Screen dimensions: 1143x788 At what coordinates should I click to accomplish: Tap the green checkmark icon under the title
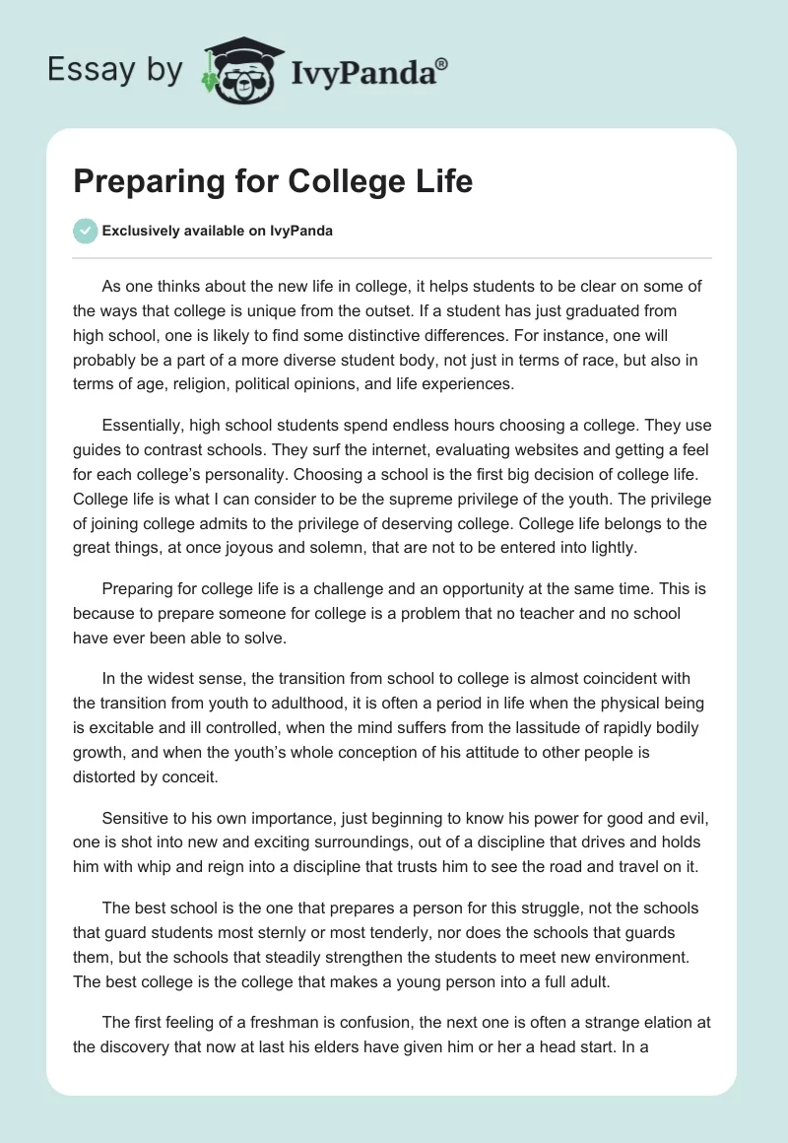pyautogui.click(x=84, y=231)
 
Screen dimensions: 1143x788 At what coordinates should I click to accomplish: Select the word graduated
pyautogui.click(x=572, y=310)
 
